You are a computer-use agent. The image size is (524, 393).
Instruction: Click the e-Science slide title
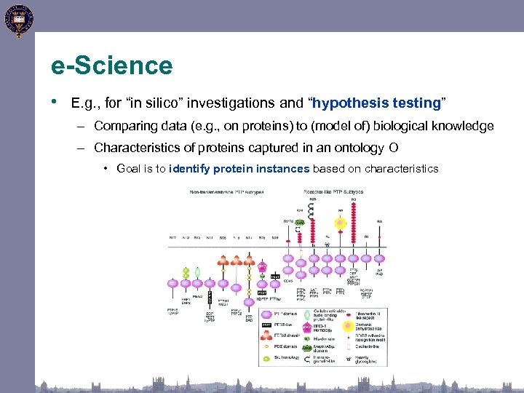(x=111, y=66)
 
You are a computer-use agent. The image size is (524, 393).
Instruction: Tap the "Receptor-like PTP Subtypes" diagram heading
(x=333, y=192)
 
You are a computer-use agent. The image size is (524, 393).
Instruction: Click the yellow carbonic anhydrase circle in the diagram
(x=340, y=223)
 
